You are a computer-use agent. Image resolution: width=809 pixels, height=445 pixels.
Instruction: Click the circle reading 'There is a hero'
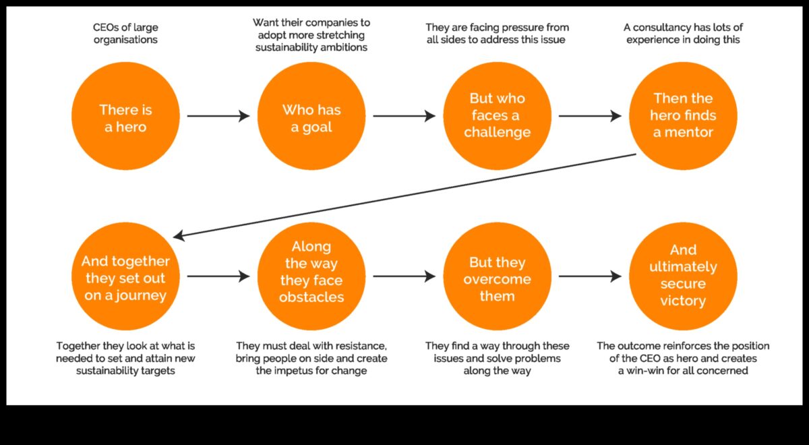(125, 116)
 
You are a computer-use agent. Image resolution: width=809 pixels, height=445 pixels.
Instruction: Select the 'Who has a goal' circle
(311, 116)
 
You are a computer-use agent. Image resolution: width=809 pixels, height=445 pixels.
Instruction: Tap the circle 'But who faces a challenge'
(497, 116)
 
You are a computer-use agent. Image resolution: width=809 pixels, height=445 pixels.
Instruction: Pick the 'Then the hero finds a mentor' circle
(683, 116)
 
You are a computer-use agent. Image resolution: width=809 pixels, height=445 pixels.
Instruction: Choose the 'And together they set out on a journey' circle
(125, 277)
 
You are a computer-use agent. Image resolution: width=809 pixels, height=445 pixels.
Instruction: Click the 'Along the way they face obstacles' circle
(311, 277)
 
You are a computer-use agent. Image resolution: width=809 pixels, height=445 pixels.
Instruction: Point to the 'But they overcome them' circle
(497, 277)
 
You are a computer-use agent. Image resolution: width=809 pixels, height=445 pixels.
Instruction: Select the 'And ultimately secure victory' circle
(683, 277)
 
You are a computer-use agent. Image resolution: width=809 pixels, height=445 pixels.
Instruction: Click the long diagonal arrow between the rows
(404, 196)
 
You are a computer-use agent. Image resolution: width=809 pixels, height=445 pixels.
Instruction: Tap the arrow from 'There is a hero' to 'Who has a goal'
(218, 116)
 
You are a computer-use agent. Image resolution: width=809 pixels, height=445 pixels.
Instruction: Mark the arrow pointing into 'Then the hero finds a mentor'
(590, 116)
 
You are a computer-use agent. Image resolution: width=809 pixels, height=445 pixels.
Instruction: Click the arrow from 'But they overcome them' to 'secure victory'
(590, 276)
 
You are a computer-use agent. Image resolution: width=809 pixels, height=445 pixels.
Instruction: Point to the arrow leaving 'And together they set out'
(218, 276)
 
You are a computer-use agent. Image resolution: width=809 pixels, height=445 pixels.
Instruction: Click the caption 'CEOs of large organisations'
(125, 34)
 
